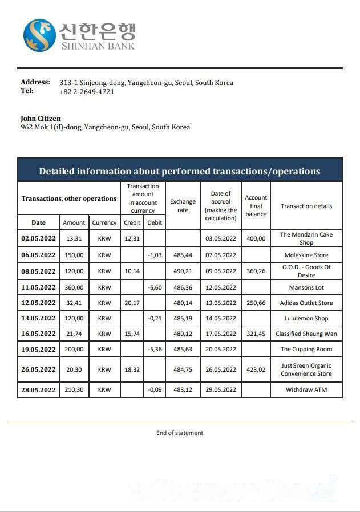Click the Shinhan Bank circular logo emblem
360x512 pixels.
click(39, 35)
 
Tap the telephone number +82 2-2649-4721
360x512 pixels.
click(87, 91)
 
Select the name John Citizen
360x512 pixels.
click(41, 119)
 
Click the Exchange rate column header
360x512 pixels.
click(183, 206)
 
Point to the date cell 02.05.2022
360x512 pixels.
click(38, 239)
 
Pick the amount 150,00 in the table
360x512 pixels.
click(74, 255)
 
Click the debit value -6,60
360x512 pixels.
click(155, 288)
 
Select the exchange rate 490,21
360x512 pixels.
click(183, 271)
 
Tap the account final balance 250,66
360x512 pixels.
click(256, 303)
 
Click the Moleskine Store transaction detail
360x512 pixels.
click(306, 255)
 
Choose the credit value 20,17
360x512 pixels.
click(132, 303)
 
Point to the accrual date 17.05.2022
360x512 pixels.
click(221, 334)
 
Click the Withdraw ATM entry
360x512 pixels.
click(306, 390)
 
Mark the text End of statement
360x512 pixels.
click(180, 433)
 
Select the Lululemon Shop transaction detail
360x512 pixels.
click(306, 319)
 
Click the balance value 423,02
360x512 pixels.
click(256, 369)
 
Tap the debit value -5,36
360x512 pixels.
click(155, 350)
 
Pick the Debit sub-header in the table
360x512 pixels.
click(155, 222)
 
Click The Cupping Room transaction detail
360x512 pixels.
click(306, 350)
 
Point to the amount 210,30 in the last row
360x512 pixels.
click(74, 390)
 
